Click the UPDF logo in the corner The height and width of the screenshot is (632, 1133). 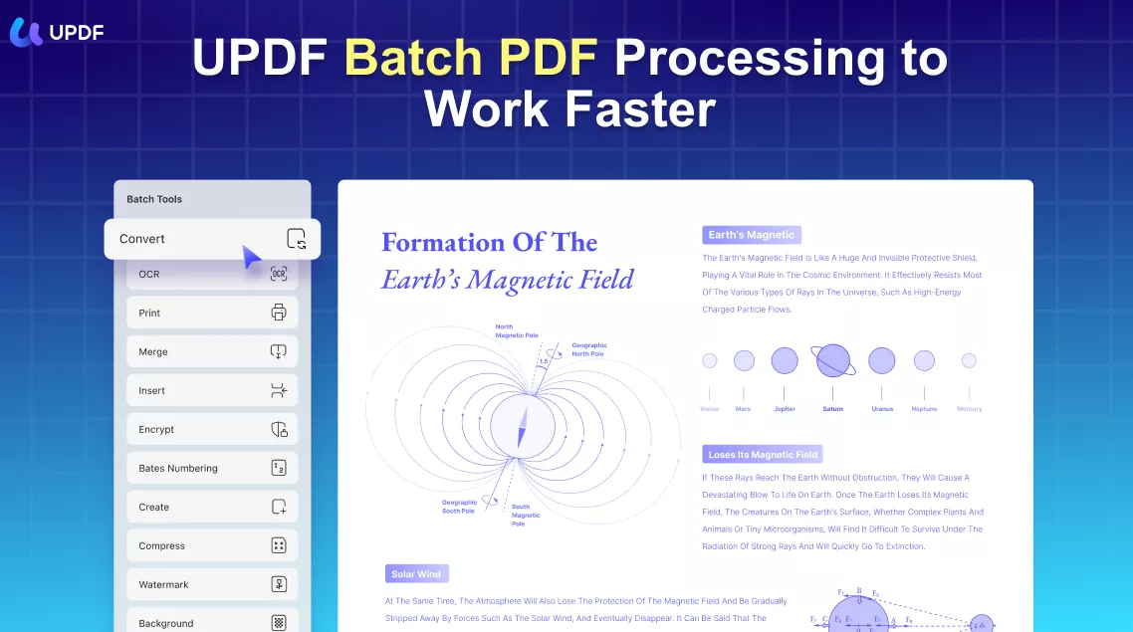(x=56, y=31)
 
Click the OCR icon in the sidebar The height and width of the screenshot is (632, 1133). (x=279, y=274)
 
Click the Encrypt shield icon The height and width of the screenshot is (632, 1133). (x=279, y=429)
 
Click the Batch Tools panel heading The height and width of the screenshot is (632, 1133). (x=154, y=199)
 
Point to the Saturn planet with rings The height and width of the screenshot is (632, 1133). (x=833, y=360)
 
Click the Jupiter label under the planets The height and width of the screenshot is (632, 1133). (x=785, y=409)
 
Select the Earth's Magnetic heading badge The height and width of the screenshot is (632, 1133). (x=751, y=235)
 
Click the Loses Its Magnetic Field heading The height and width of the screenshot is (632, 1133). (x=763, y=455)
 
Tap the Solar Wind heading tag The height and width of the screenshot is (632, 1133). (x=417, y=574)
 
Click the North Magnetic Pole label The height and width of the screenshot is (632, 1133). (x=516, y=331)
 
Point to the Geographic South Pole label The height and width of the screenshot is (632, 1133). (x=460, y=506)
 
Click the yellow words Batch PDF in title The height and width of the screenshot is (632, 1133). (x=471, y=60)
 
